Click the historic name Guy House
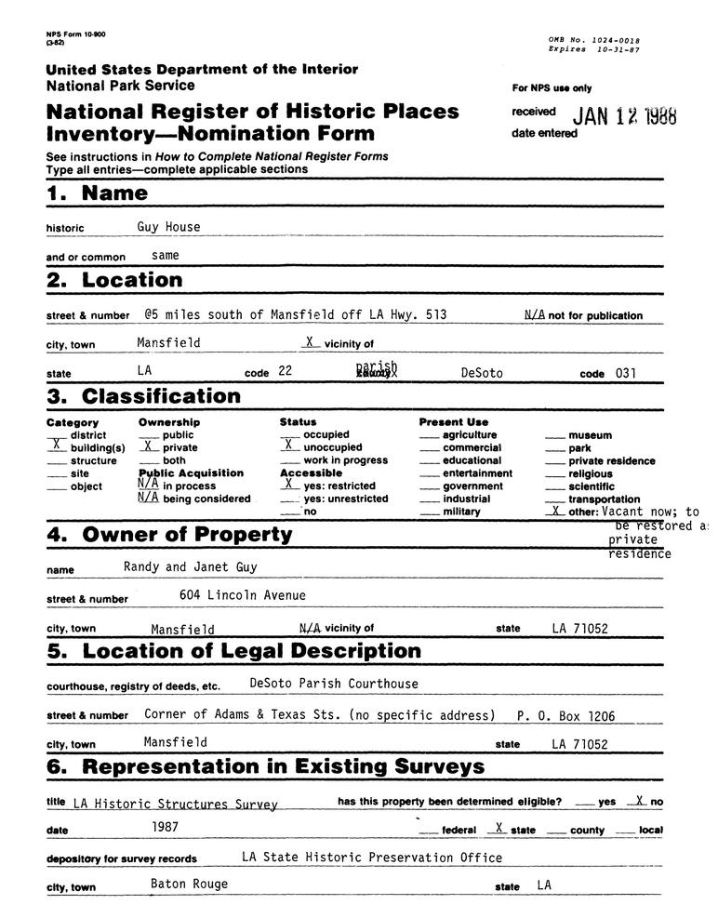pos(168,226)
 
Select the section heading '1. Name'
pos(97,193)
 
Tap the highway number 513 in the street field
pos(434,314)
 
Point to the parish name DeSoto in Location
pos(482,372)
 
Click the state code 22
pos(285,372)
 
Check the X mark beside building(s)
pos(56,447)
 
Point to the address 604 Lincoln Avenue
pos(242,595)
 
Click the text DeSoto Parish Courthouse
pos(334,683)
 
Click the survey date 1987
pos(166,825)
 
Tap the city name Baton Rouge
pos(189,884)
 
